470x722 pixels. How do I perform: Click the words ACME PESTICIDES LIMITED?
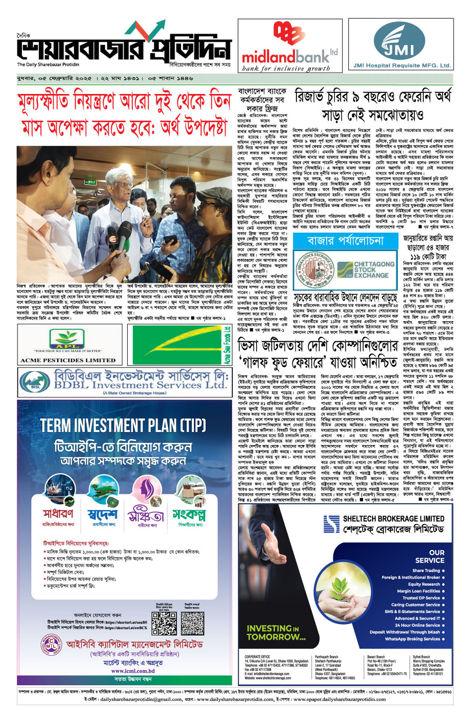tap(68, 360)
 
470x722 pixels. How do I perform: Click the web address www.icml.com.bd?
tap(133, 671)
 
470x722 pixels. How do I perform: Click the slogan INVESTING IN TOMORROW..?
tap(276, 632)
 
